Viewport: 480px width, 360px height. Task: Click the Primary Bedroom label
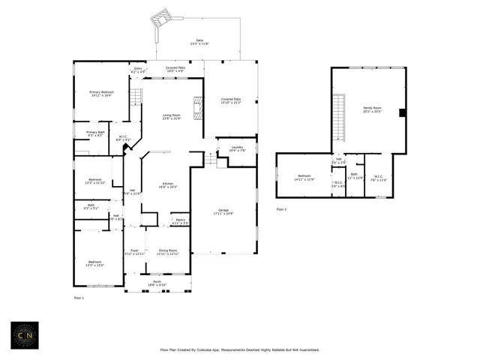pos(101,93)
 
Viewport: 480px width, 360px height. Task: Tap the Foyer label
pos(134,252)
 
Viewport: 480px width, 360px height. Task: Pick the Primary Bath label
pos(94,133)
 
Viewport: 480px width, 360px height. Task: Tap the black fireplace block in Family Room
pos(403,112)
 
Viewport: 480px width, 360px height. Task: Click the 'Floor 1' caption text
pos(79,298)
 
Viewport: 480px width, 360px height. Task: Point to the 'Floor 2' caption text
pos(281,208)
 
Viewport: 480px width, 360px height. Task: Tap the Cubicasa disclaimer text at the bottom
pos(240,349)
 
